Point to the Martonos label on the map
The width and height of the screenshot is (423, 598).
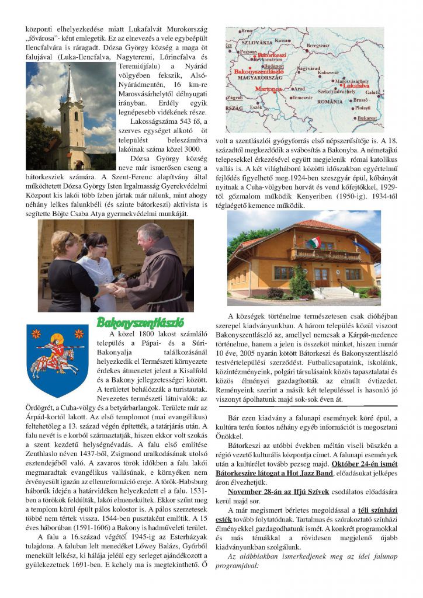coord(269,89)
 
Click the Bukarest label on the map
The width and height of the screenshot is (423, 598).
coord(367,117)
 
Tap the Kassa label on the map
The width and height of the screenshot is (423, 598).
coord(282,40)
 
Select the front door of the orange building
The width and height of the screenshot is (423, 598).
coord(321,276)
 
